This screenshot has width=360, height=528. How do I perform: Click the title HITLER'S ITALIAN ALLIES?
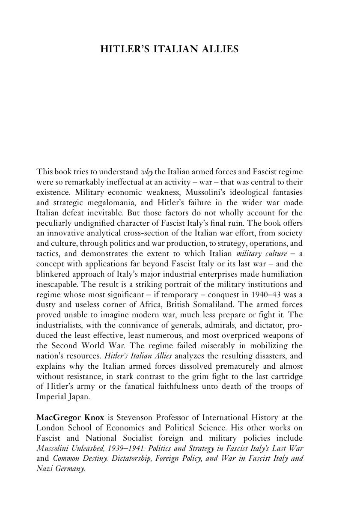coord(169,49)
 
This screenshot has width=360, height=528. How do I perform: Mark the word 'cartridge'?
coord(286,376)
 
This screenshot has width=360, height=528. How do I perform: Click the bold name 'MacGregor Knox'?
coord(70,418)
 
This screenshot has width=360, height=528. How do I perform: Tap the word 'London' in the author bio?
coord(49,428)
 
